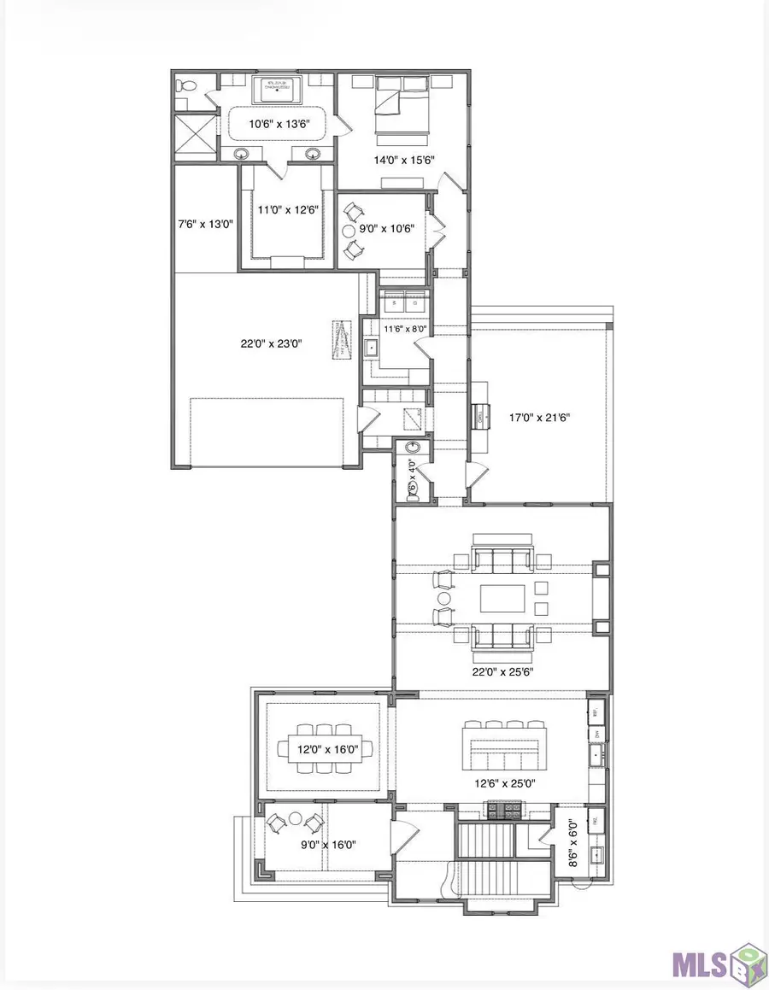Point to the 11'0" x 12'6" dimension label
(282, 211)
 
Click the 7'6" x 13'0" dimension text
(205, 224)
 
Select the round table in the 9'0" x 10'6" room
(349, 231)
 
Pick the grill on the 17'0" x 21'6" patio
(482, 417)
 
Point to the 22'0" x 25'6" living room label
(502, 671)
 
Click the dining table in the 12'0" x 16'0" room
(325, 749)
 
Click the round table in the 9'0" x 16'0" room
(296, 818)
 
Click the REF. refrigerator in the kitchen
(597, 712)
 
